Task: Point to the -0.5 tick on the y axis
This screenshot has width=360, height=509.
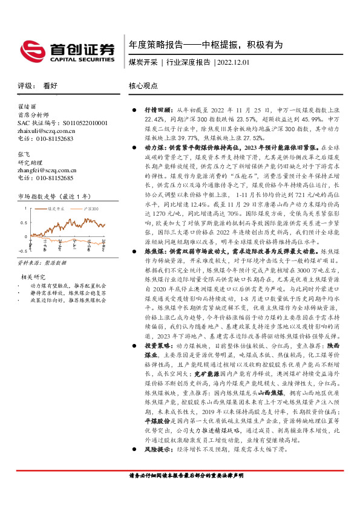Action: coord(22,250)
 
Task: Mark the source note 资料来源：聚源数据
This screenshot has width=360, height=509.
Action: coord(41,263)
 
